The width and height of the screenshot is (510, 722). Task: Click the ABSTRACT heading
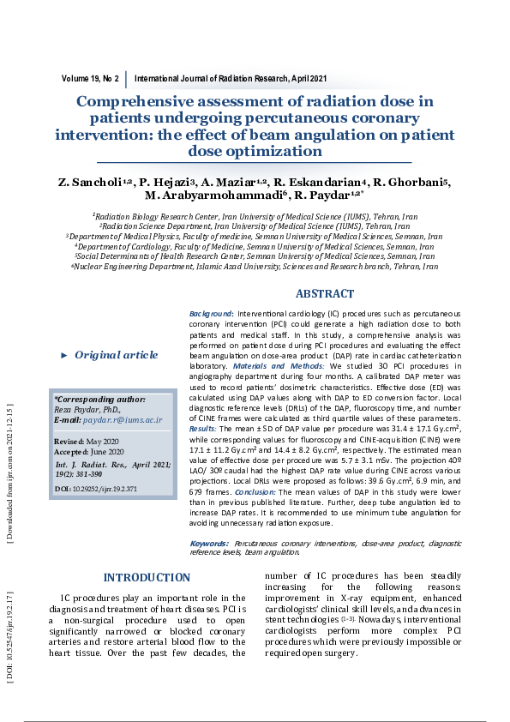coord(324,293)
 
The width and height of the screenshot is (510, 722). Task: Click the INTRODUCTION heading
coord(147,578)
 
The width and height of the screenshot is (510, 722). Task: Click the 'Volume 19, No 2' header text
coord(90,78)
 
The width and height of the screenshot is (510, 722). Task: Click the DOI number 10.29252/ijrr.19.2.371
coord(114,489)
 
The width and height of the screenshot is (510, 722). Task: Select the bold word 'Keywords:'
coord(208,544)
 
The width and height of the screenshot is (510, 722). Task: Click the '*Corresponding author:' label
coord(99,400)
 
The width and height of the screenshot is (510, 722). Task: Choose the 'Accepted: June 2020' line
coord(90,451)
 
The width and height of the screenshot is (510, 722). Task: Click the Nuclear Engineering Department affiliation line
coord(255,267)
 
